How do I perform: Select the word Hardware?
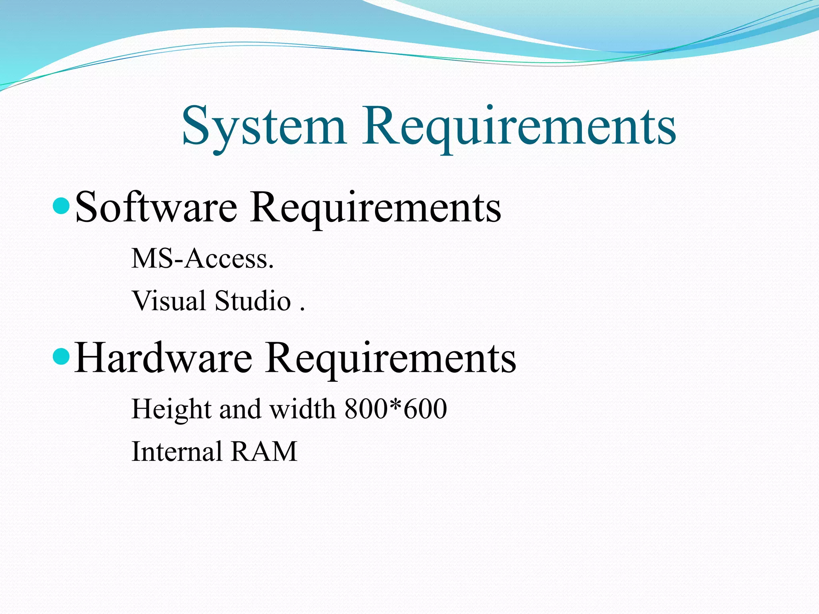[x=163, y=358]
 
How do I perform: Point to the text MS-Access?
[x=203, y=259]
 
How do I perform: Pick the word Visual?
[x=169, y=301]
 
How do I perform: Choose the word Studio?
[x=253, y=301]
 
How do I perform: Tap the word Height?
[x=171, y=409]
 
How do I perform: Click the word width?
[x=303, y=409]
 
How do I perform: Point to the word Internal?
[x=177, y=452]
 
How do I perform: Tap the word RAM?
[x=264, y=452]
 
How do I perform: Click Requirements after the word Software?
[x=376, y=207]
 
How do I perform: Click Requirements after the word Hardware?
[x=391, y=358]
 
